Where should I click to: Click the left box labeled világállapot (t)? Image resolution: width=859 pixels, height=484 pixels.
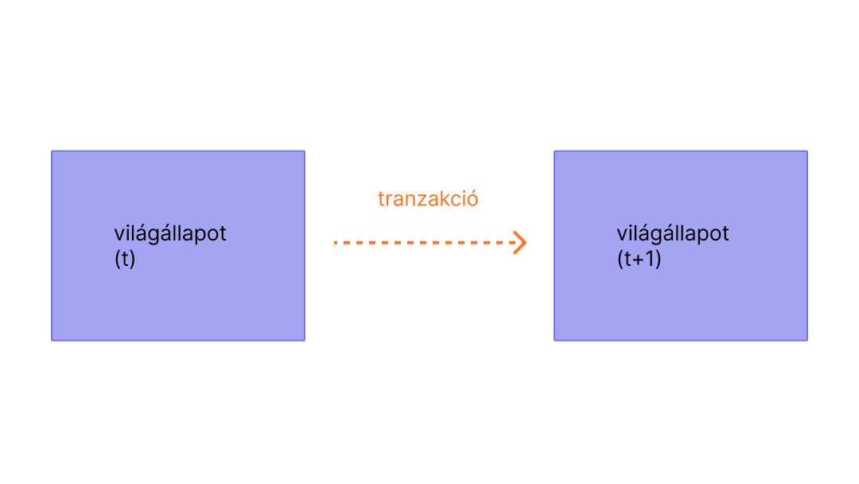pyautogui.click(x=178, y=302)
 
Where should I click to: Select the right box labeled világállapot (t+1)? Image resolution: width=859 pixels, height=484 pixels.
pyautogui.click(x=681, y=302)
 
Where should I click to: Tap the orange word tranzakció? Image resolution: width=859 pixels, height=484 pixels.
pyautogui.click(x=428, y=199)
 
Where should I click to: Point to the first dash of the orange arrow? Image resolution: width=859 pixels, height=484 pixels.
pyautogui.click(x=336, y=242)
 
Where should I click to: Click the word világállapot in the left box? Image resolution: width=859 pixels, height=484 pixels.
pyautogui.click(x=170, y=234)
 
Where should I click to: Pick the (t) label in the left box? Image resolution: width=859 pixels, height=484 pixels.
pyautogui.click(x=125, y=260)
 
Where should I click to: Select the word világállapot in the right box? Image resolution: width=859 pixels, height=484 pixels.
pyautogui.click(x=673, y=234)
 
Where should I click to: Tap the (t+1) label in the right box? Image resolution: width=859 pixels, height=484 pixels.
pyautogui.click(x=639, y=260)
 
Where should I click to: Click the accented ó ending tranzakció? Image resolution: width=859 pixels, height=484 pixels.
pyautogui.click(x=472, y=199)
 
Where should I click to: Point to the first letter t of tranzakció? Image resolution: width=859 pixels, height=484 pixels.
pyautogui.click(x=381, y=199)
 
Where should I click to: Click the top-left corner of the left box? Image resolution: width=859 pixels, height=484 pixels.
pyautogui.click(x=52, y=151)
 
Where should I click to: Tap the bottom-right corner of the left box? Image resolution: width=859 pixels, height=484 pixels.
pyautogui.click(x=304, y=340)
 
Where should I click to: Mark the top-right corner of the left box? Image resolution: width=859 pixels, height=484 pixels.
pyautogui.click(x=304, y=151)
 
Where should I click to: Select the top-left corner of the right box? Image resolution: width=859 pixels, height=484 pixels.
pyautogui.click(x=555, y=151)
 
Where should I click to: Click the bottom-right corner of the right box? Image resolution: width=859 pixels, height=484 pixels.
pyautogui.click(x=807, y=340)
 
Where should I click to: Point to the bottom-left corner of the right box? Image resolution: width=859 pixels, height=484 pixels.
pyautogui.click(x=555, y=340)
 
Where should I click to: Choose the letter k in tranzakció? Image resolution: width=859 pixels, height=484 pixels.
pyautogui.click(x=443, y=199)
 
